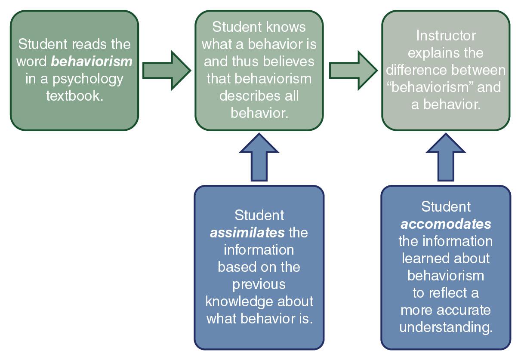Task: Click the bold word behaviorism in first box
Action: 92,62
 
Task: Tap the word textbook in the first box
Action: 75,95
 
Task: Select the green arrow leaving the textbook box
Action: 166,71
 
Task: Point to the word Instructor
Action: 446,35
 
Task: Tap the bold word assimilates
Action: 247,233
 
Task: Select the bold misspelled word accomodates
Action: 446,224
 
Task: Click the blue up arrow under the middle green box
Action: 259,157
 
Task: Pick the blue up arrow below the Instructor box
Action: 445,157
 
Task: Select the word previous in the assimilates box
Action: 259,284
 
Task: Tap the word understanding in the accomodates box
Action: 446,327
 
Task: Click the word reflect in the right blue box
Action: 446,293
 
